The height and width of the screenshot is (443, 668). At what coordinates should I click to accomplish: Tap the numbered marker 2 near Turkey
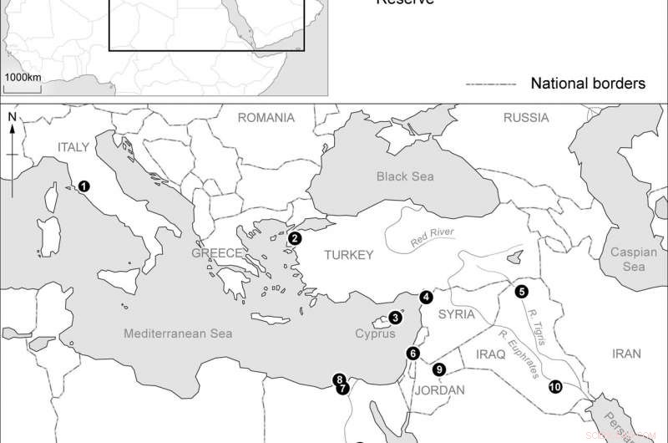pos(294,238)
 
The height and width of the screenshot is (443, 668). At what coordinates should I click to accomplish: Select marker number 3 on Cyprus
pos(395,318)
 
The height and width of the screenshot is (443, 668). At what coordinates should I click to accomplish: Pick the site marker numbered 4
pos(427,297)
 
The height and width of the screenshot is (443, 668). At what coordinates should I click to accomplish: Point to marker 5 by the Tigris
pos(522,291)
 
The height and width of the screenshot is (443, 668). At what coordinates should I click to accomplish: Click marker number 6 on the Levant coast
pos(412,353)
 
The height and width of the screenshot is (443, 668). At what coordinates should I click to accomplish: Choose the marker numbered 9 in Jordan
pos(439,369)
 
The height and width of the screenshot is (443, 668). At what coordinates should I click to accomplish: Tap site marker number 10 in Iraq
pos(555,386)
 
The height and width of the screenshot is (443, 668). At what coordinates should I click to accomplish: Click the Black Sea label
pos(405,176)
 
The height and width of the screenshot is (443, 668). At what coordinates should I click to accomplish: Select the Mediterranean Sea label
pos(177,334)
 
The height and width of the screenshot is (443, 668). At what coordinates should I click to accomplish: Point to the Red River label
pos(434,240)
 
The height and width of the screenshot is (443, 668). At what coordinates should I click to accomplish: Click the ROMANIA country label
pos(266,118)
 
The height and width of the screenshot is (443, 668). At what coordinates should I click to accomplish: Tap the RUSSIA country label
pos(526,118)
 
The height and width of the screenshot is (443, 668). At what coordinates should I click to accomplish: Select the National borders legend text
pos(588,84)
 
